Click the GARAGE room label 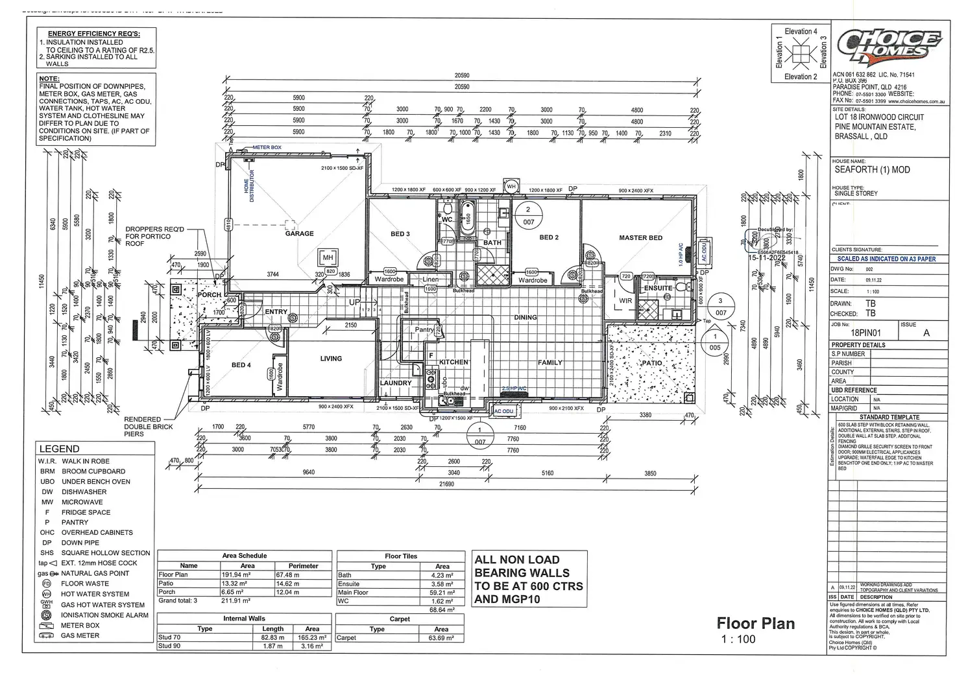[x=299, y=233]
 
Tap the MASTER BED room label [x=640, y=238]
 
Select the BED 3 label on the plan [x=400, y=234]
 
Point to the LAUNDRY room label [x=396, y=383]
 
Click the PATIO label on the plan [x=651, y=363]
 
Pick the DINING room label [x=526, y=318]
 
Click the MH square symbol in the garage [x=328, y=257]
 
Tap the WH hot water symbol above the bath [x=511, y=187]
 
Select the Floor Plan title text [x=755, y=624]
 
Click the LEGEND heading [x=59, y=449]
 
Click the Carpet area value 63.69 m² [x=441, y=638]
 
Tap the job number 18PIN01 [x=864, y=333]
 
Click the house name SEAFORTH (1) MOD [x=872, y=170]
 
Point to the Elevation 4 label [x=801, y=31]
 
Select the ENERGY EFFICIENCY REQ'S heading [x=93, y=34]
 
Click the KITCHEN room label [x=453, y=362]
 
